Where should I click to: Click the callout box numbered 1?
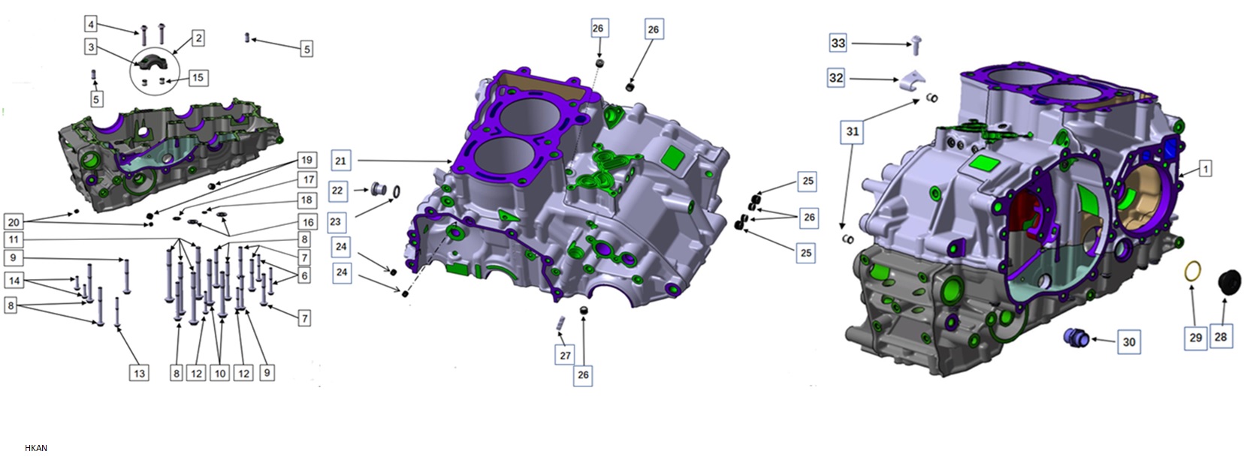pos(1205,168)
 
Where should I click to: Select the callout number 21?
pos(341,161)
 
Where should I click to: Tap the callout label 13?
pos(139,373)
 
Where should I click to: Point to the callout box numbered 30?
pos(1128,342)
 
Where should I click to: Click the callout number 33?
pos(838,44)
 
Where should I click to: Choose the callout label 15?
pos(198,77)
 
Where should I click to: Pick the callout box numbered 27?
pos(565,355)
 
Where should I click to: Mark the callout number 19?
pos(306,160)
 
